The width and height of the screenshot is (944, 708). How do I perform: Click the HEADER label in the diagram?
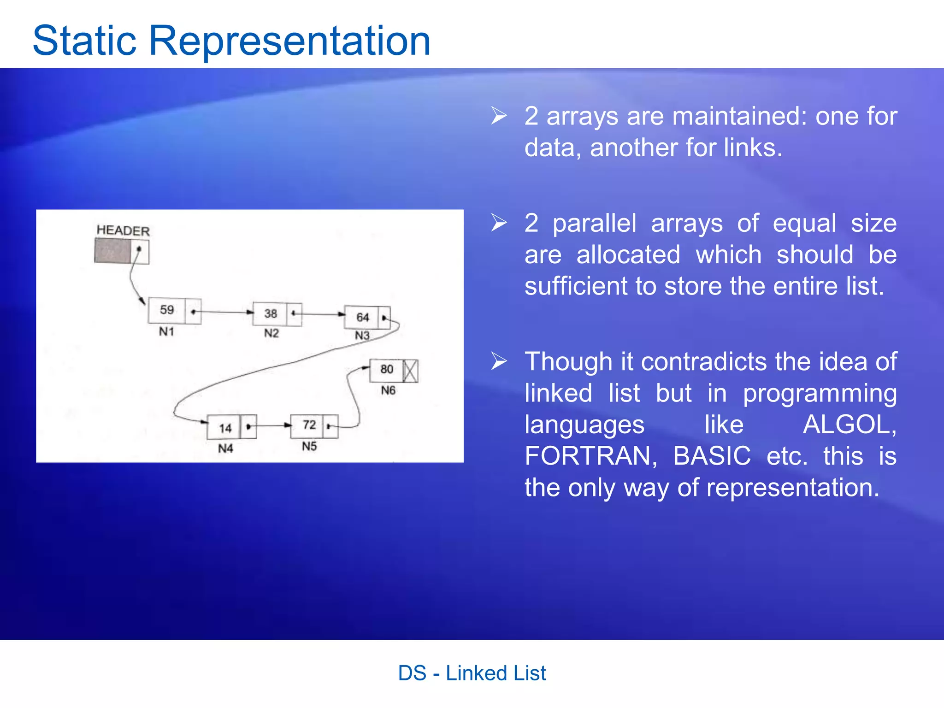point(123,230)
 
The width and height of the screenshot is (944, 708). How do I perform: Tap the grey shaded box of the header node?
point(112,251)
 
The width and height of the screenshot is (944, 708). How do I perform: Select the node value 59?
point(166,310)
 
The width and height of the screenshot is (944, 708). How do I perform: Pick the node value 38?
point(271,313)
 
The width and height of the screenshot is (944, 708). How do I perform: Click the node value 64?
point(363,317)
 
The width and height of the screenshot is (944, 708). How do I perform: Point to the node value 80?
point(387,369)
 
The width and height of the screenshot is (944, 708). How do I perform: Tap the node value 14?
point(225,428)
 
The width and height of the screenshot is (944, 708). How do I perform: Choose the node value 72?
point(309,425)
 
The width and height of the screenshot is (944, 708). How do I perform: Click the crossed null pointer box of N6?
point(411,371)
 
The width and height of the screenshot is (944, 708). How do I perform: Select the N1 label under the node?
point(166,332)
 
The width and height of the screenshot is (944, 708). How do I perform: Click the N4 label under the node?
point(225,448)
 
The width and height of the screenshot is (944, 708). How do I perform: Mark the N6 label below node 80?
point(388,391)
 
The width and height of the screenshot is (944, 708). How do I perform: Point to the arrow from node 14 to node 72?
point(273,425)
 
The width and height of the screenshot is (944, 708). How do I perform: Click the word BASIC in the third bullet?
point(712,456)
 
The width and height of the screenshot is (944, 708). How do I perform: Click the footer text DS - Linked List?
point(472,673)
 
